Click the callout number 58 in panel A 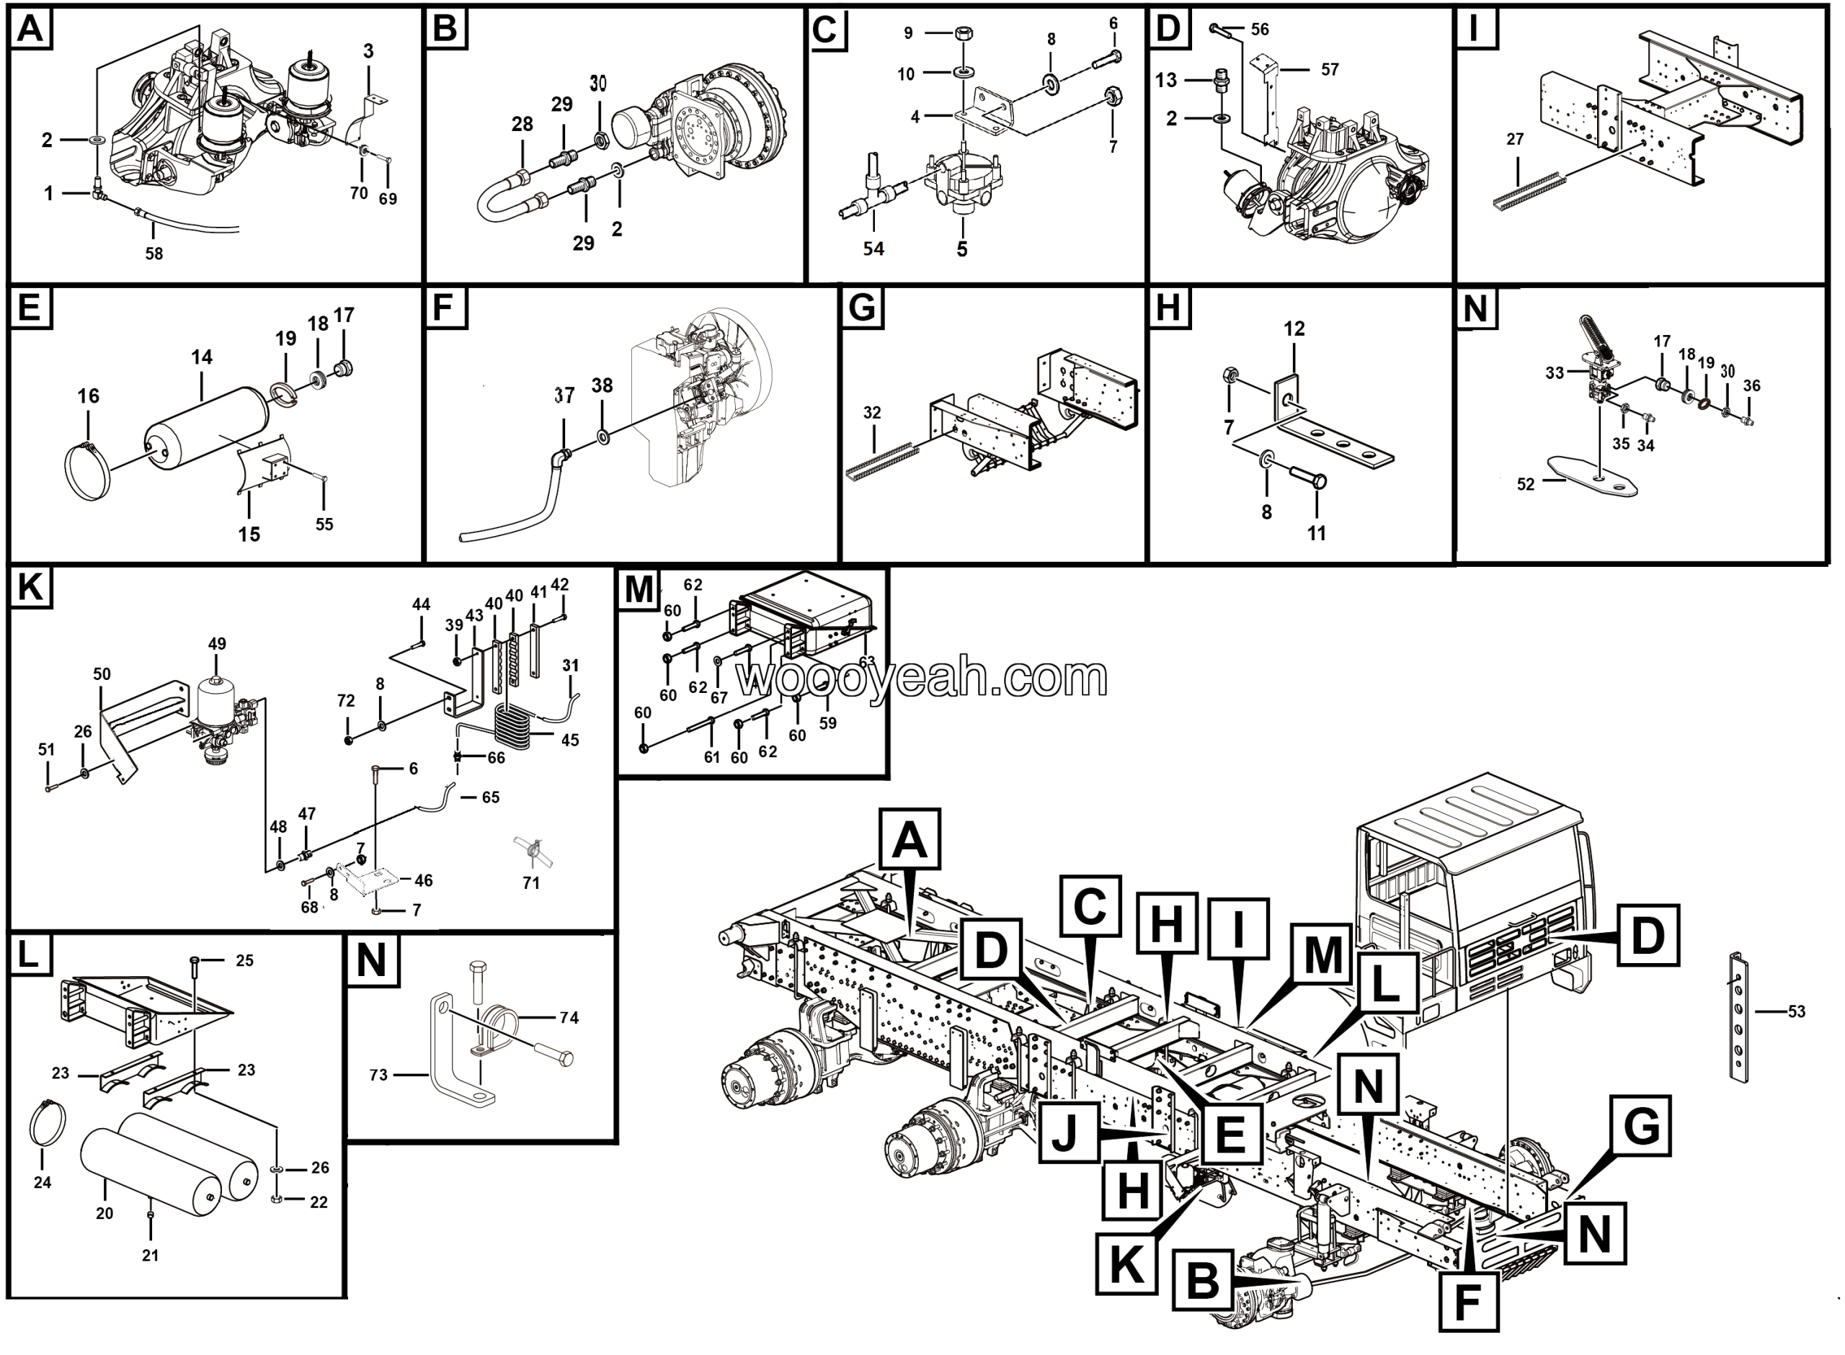tap(154, 254)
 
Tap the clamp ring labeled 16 tap(86, 472)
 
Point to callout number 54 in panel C tap(873, 249)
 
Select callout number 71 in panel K tap(530, 882)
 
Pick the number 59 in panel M tap(828, 723)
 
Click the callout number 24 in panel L tap(42, 1182)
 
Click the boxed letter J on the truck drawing tap(1068, 1132)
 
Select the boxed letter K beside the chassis tap(1126, 1262)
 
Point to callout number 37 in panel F tap(564, 395)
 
